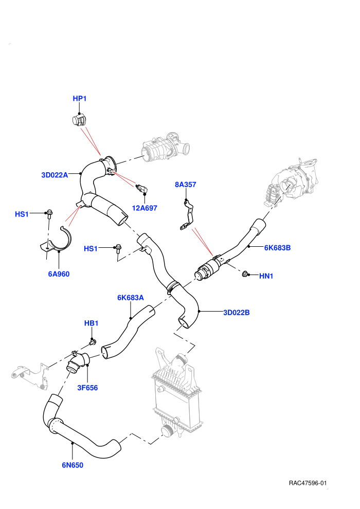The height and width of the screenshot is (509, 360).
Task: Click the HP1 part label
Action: [x=80, y=98]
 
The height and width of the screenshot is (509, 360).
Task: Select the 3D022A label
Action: [x=55, y=175]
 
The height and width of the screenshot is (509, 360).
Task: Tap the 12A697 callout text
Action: [x=145, y=208]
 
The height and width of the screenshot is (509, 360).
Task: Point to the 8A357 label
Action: [x=185, y=185]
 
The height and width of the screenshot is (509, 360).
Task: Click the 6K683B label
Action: [x=277, y=248]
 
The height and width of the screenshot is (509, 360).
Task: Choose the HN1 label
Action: [x=266, y=276]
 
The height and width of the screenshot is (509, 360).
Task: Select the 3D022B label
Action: [x=237, y=313]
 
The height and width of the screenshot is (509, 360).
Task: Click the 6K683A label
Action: [x=131, y=298]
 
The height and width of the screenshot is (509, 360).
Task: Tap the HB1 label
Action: [x=91, y=323]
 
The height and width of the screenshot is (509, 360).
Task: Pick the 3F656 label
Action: [x=87, y=388]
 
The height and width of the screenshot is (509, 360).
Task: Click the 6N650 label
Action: [x=73, y=465]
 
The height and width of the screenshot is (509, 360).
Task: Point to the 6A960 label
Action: [x=59, y=274]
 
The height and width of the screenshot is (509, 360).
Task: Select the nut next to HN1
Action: [x=245, y=274]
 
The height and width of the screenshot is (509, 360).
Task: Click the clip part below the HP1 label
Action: [x=78, y=120]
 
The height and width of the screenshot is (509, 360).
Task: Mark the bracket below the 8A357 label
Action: [x=187, y=215]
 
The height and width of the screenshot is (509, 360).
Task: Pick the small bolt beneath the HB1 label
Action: [x=93, y=342]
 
